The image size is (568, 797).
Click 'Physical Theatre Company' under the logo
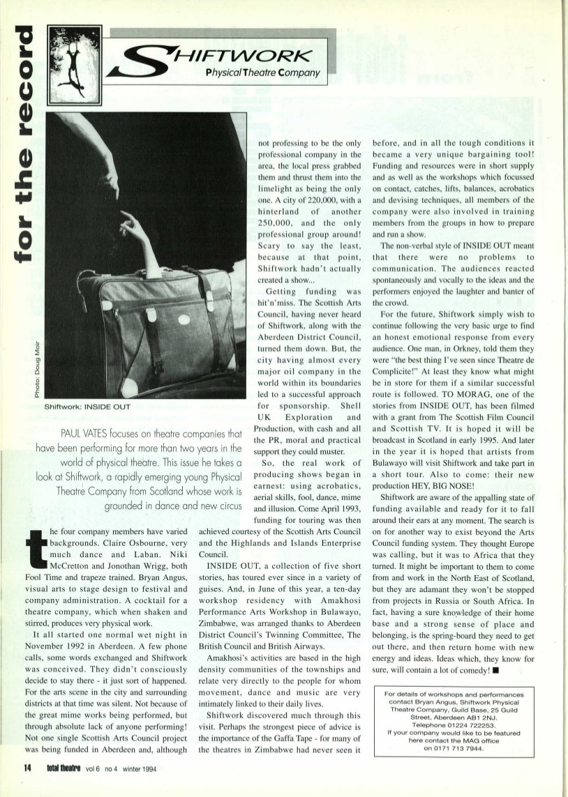click(263, 73)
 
